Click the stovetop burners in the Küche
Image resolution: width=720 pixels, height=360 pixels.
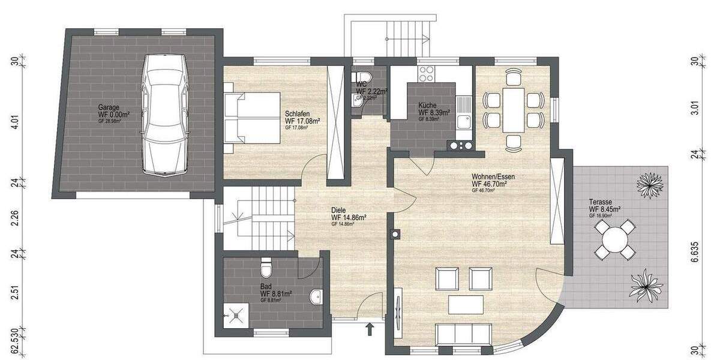point(426,74)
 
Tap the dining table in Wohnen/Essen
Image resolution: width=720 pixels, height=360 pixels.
point(513,110)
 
